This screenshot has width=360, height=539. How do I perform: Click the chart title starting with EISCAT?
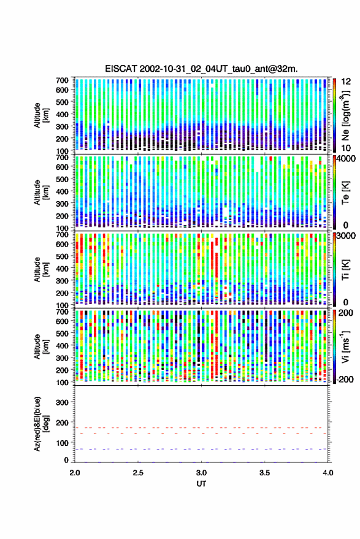(201, 69)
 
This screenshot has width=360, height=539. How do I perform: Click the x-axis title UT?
(201, 484)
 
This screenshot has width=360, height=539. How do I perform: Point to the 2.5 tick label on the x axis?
(138, 473)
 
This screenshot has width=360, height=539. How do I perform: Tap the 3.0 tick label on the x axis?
(201, 473)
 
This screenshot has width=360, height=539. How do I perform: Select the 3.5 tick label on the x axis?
(264, 473)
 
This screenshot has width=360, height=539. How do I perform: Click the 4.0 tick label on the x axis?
(327, 473)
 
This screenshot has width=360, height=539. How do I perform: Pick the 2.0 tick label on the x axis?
(75, 473)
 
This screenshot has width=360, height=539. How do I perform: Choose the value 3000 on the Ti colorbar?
(347, 236)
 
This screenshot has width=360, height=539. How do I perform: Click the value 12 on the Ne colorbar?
(346, 82)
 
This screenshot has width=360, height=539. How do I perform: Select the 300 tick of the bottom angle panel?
(63, 402)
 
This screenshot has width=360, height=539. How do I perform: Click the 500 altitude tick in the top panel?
(63, 102)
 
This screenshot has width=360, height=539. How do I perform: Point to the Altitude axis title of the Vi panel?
(40, 346)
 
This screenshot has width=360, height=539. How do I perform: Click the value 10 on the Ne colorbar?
(346, 148)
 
